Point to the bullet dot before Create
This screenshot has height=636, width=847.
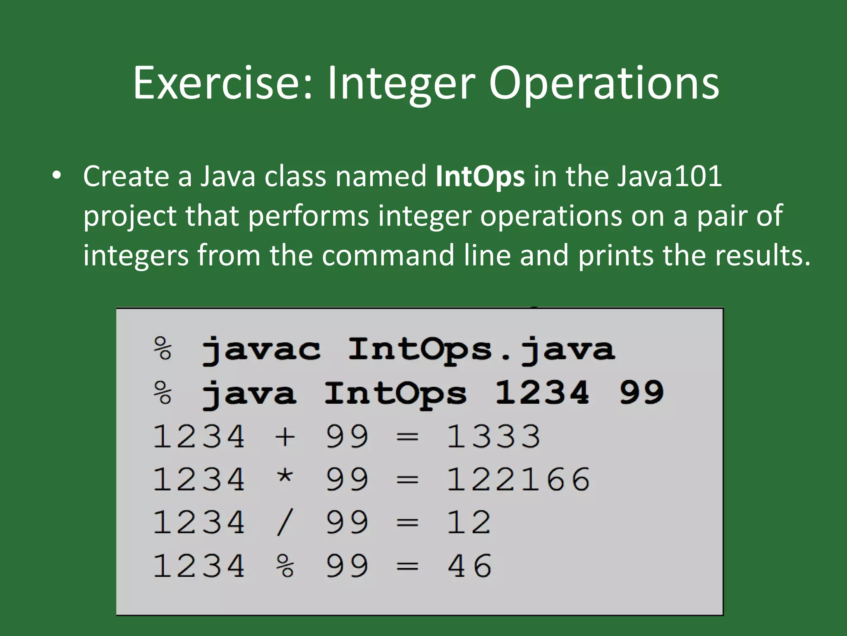pyautogui.click(x=57, y=176)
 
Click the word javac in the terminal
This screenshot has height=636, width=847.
pyautogui.click(x=261, y=350)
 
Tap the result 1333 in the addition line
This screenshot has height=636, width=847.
pyautogui.click(x=493, y=436)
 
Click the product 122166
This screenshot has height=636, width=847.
pyautogui.click(x=518, y=479)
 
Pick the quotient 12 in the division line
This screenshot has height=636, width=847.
pyautogui.click(x=469, y=523)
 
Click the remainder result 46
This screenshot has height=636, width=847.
pyautogui.click(x=469, y=566)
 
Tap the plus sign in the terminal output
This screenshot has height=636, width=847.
pyautogui.click(x=285, y=437)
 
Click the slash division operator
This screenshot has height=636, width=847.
pyautogui.click(x=285, y=523)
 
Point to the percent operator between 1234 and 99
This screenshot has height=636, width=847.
pyautogui.click(x=285, y=566)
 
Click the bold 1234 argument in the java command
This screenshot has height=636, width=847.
pyautogui.click(x=542, y=393)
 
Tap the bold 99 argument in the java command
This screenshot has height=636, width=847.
pyautogui.click(x=641, y=393)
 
